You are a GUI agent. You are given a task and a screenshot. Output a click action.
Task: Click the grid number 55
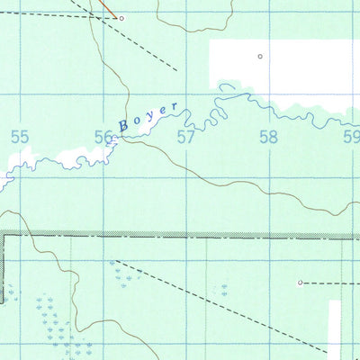pyautogui.click(x=19, y=137)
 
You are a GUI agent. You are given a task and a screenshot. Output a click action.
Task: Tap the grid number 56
pyautogui.click(x=104, y=137)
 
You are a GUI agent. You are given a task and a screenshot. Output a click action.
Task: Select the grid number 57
pyautogui.click(x=186, y=137)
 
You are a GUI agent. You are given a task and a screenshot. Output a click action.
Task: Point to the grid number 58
pyautogui.click(x=268, y=137)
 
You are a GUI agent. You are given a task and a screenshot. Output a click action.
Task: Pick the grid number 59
pyautogui.click(x=351, y=137)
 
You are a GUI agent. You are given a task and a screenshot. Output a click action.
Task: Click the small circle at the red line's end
pyautogui.click(x=121, y=18)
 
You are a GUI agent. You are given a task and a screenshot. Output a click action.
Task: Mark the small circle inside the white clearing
pyautogui.click(x=260, y=57)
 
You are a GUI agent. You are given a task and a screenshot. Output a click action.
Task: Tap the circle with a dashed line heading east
pyautogui.click(x=301, y=282)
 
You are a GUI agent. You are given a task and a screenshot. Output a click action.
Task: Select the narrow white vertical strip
pyautogui.click(x=334, y=328)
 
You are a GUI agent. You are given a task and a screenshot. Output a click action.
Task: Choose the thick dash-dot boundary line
pyautogui.click(x=180, y=236)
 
